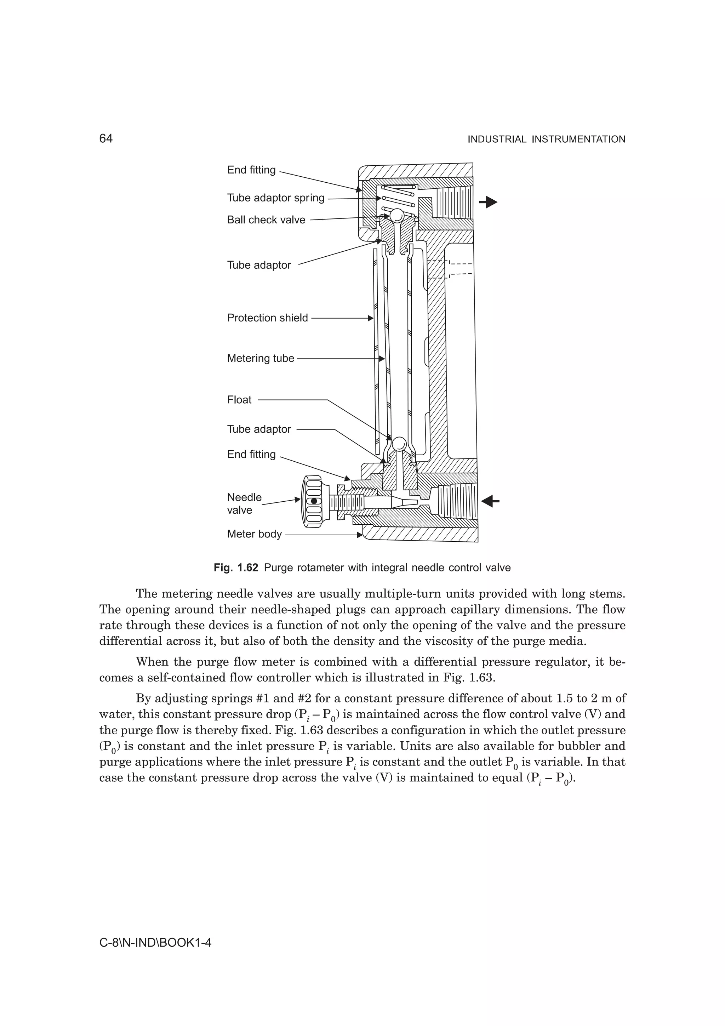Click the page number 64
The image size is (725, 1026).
(106, 139)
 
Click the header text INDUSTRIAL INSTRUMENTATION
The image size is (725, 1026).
(546, 139)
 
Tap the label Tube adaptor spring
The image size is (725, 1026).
(276, 198)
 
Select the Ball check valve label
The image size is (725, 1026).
(266, 220)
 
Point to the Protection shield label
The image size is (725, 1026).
(267, 318)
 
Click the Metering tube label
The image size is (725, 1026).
(261, 358)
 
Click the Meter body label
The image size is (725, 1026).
(254, 534)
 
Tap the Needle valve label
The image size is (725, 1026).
(244, 503)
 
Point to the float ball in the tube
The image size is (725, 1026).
(399, 443)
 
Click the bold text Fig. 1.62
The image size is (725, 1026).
(236, 568)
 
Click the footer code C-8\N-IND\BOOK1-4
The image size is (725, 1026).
(155, 943)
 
